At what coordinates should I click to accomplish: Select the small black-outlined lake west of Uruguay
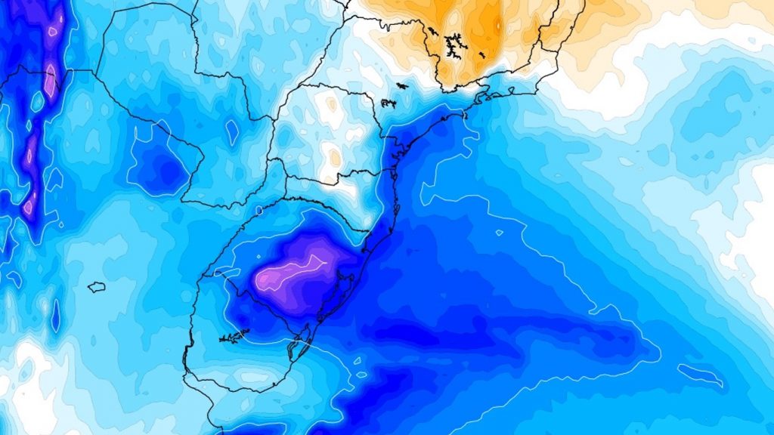pos(96,287)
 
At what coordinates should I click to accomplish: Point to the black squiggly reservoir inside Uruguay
pos(234,335)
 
